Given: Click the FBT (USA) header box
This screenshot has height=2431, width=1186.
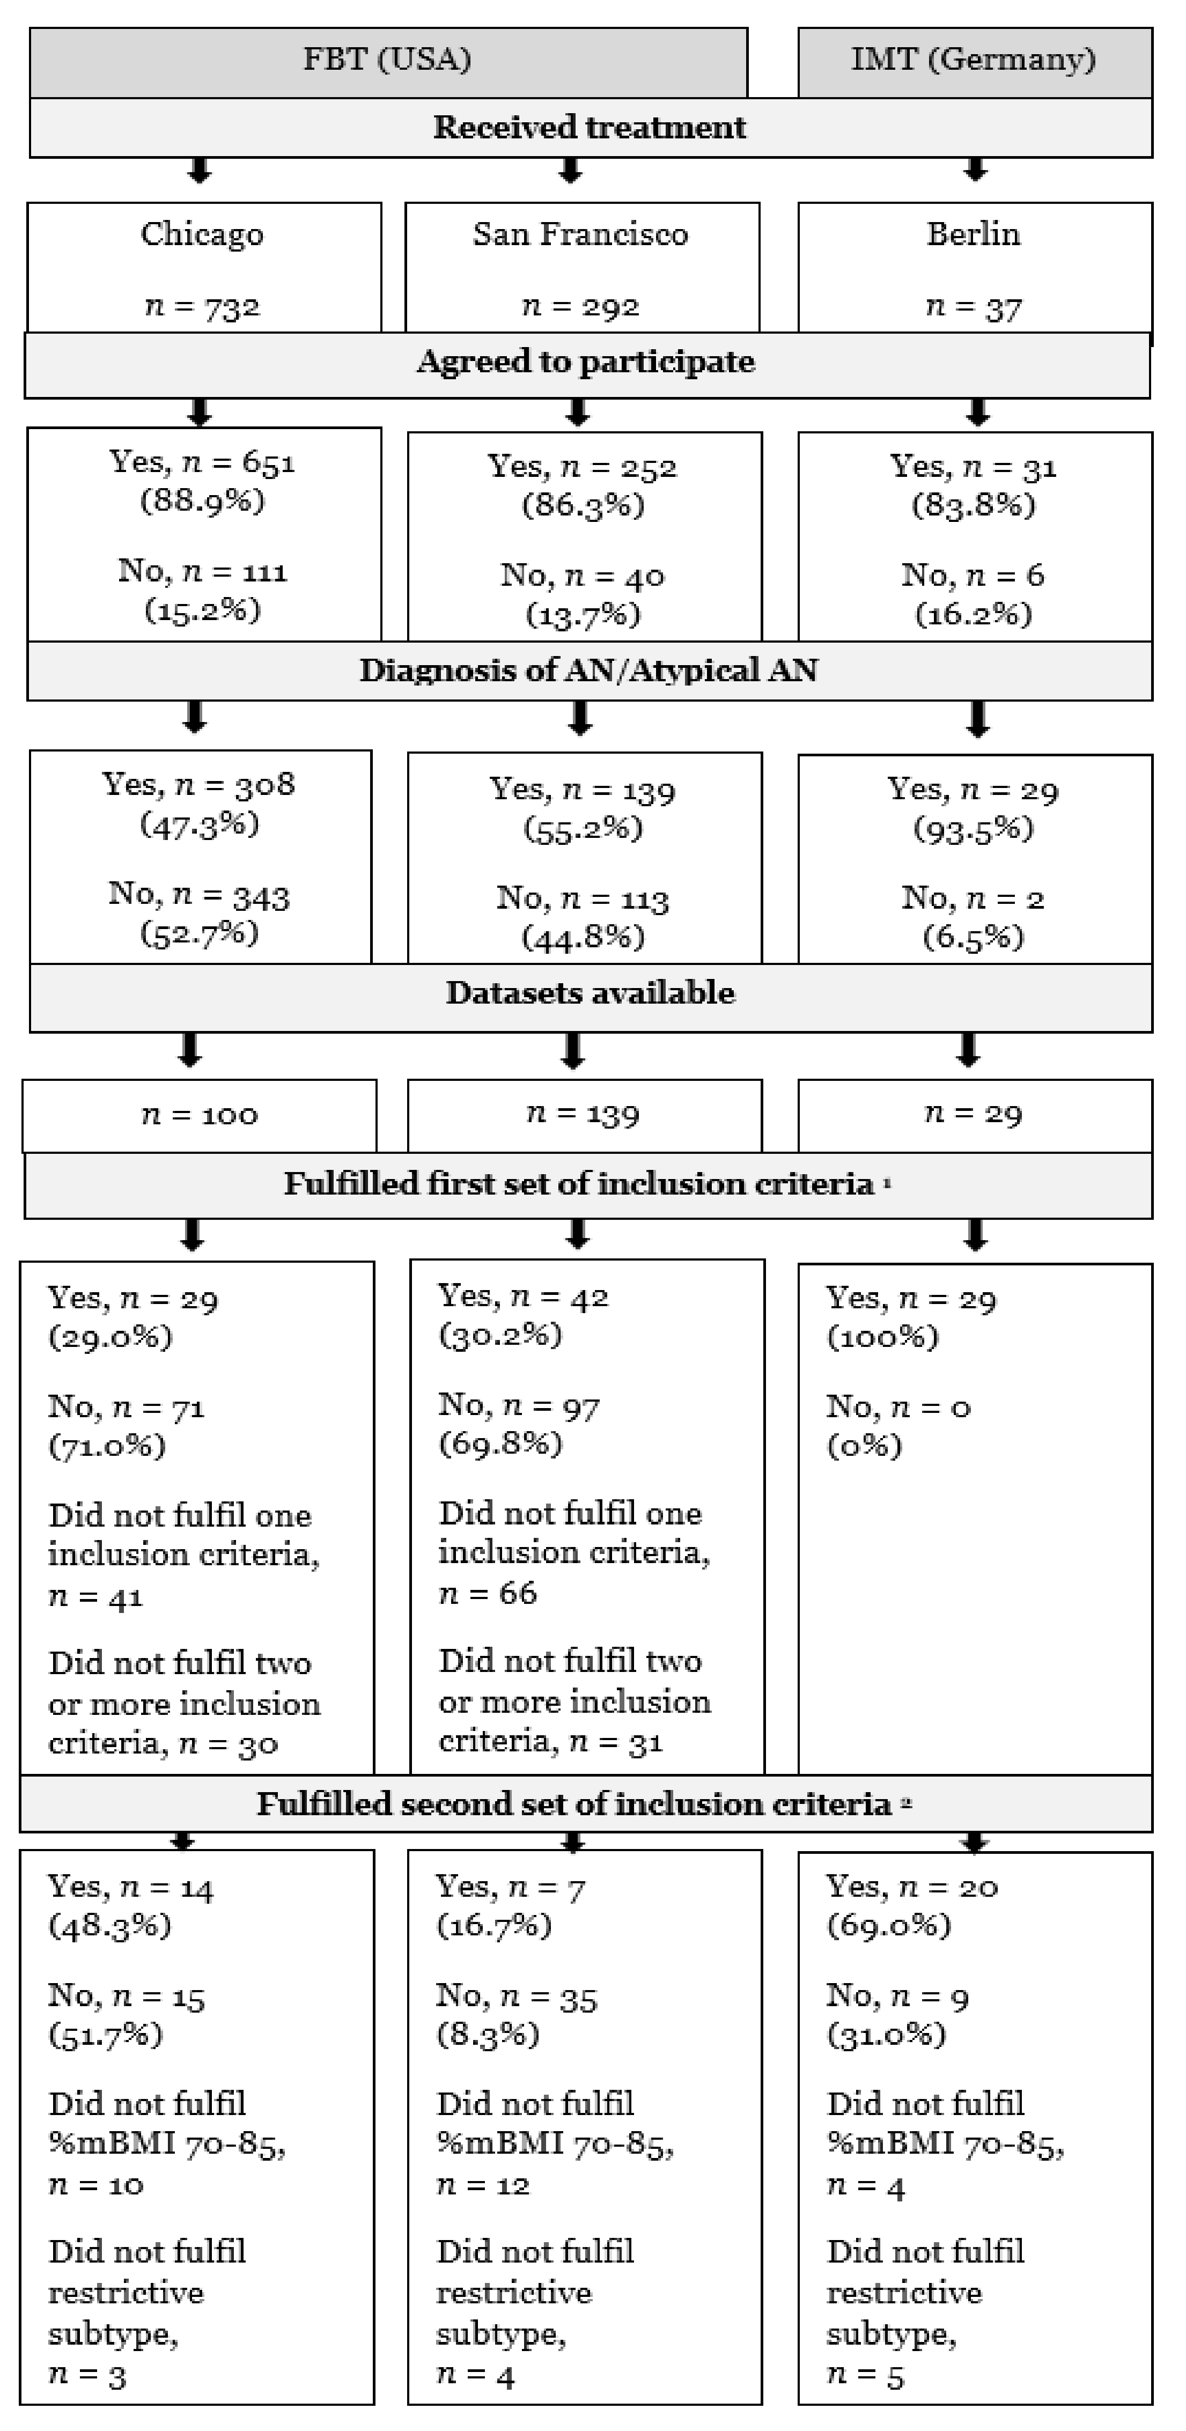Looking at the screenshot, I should click(388, 61).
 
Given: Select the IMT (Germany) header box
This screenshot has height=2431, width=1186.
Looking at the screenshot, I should click(974, 61).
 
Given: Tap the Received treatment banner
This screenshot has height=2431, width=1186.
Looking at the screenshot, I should click(590, 128).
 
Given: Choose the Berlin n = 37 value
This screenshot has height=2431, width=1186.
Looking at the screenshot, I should click(974, 307).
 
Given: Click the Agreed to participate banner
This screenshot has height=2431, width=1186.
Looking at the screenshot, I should click(586, 363).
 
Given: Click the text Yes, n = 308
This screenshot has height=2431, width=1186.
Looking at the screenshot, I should click(199, 784).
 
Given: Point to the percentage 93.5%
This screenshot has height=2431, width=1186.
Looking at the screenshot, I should click(974, 829).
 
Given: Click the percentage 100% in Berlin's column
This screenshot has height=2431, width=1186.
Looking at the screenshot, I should click(883, 1337).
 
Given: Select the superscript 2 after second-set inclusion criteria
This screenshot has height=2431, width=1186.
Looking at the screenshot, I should click(906, 1802).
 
